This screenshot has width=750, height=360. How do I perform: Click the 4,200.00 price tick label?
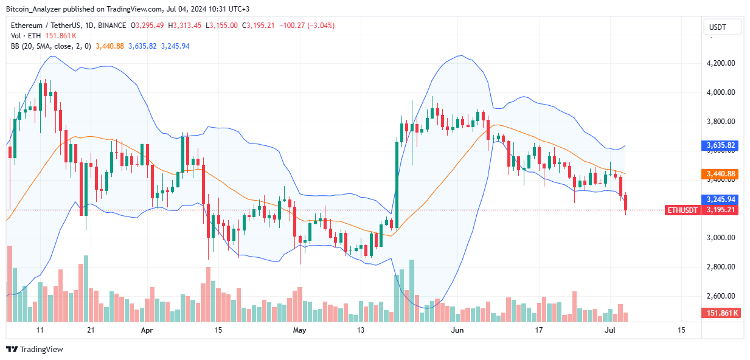click(x=721, y=63)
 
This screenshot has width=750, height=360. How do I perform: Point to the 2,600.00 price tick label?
click(x=721, y=296)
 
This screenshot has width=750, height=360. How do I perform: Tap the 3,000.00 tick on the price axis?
click(x=721, y=238)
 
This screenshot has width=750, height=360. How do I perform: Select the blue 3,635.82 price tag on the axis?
click(x=721, y=146)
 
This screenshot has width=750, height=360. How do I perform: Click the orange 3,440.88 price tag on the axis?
click(x=721, y=174)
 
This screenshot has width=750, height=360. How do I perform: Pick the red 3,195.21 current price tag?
click(x=721, y=210)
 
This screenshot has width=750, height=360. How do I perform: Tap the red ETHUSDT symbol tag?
click(x=682, y=210)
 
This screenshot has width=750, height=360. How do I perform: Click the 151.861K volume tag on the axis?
click(x=721, y=313)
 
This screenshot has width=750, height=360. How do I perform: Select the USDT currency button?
click(x=722, y=27)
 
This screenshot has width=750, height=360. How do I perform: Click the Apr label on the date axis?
click(x=146, y=330)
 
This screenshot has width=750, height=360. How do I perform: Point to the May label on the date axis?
click(x=299, y=330)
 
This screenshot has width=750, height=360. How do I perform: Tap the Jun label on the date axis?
click(x=457, y=330)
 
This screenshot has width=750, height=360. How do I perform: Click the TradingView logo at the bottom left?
click(x=35, y=349)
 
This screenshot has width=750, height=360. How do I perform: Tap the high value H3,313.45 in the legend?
click(x=187, y=26)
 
